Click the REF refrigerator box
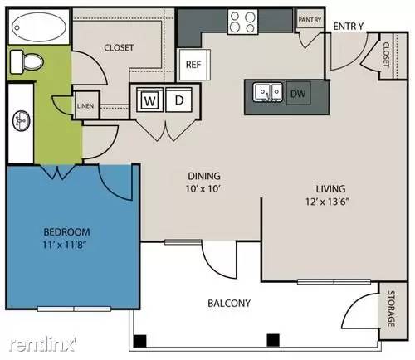pyautogui.click(x=193, y=64)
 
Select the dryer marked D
pyautogui.click(x=178, y=100)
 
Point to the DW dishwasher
pyautogui.click(x=298, y=94)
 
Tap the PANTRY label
pyautogui.click(x=309, y=20)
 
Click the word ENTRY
pyautogui.click(x=349, y=26)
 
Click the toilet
pyautogui.click(x=29, y=61)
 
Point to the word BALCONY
pyautogui.click(x=230, y=303)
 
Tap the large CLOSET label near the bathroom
pyautogui.click(x=119, y=47)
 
